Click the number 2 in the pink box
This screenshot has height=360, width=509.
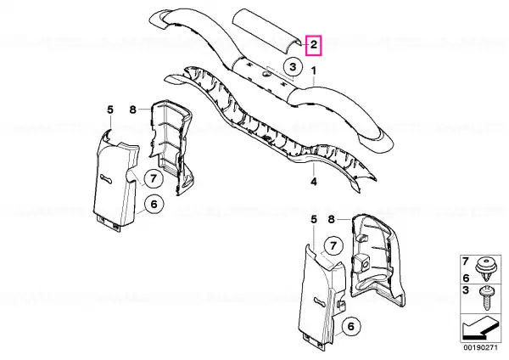pos(314,45)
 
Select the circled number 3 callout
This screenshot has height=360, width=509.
pos(293,67)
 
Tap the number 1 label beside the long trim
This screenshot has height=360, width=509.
pos(314,70)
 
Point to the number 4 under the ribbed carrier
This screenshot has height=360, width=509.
pos(314,182)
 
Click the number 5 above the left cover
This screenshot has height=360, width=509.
pos(110,110)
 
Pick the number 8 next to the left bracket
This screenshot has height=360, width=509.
pos(133,110)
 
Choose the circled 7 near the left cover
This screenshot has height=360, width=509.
pos(154,178)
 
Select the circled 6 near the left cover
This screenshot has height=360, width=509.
pos(154,205)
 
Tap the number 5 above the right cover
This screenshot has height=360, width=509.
pos(314,220)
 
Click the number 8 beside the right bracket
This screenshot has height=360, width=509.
pos(331,220)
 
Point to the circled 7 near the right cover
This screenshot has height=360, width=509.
pos(333,245)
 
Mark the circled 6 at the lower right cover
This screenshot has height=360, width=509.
pos(351,326)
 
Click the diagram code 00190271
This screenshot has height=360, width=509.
pos(480,347)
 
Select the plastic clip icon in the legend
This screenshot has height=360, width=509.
pos(485,269)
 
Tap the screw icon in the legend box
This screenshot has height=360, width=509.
pos(486,298)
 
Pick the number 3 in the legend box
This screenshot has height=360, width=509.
pos(466,290)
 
